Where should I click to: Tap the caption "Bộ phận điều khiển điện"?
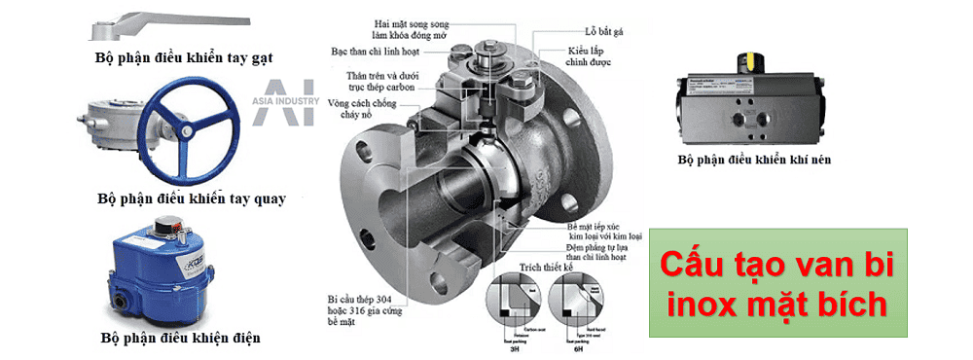click(x=180, y=339)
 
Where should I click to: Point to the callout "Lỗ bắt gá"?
click(x=586, y=30)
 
